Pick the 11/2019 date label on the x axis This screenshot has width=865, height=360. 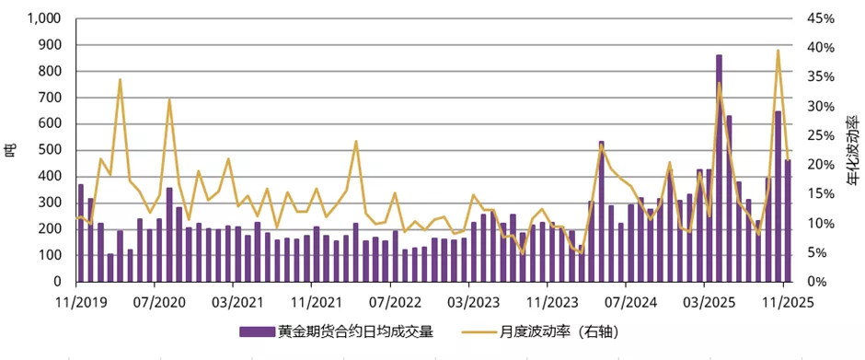76,300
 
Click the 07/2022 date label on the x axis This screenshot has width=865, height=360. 390,300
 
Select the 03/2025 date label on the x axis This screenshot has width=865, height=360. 704,300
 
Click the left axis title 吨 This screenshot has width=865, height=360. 10,150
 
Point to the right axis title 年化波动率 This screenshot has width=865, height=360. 854,150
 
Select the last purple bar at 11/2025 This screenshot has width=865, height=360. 788,221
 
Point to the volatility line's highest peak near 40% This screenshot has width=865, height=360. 778,51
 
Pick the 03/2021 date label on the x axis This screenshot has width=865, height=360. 234,300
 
